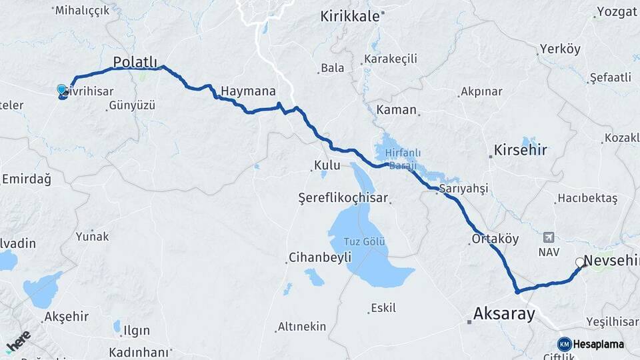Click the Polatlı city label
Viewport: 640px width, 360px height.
(x=135, y=62)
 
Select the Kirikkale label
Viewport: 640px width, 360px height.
(x=349, y=16)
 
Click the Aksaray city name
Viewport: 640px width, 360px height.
(x=504, y=313)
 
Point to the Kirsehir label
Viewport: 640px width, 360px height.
(x=520, y=150)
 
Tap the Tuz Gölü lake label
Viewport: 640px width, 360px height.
(x=365, y=241)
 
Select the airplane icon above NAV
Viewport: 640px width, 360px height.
(x=549, y=237)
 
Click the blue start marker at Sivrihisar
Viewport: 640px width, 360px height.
(x=62, y=90)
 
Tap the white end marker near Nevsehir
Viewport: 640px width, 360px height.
(x=580, y=262)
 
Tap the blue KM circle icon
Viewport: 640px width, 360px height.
(x=564, y=344)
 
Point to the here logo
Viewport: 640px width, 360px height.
(x=18, y=341)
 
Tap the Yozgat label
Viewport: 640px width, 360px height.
(x=617, y=11)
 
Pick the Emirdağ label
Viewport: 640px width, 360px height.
(x=27, y=179)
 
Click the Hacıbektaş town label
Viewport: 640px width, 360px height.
(x=588, y=198)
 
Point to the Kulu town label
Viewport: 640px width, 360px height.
(x=328, y=165)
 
